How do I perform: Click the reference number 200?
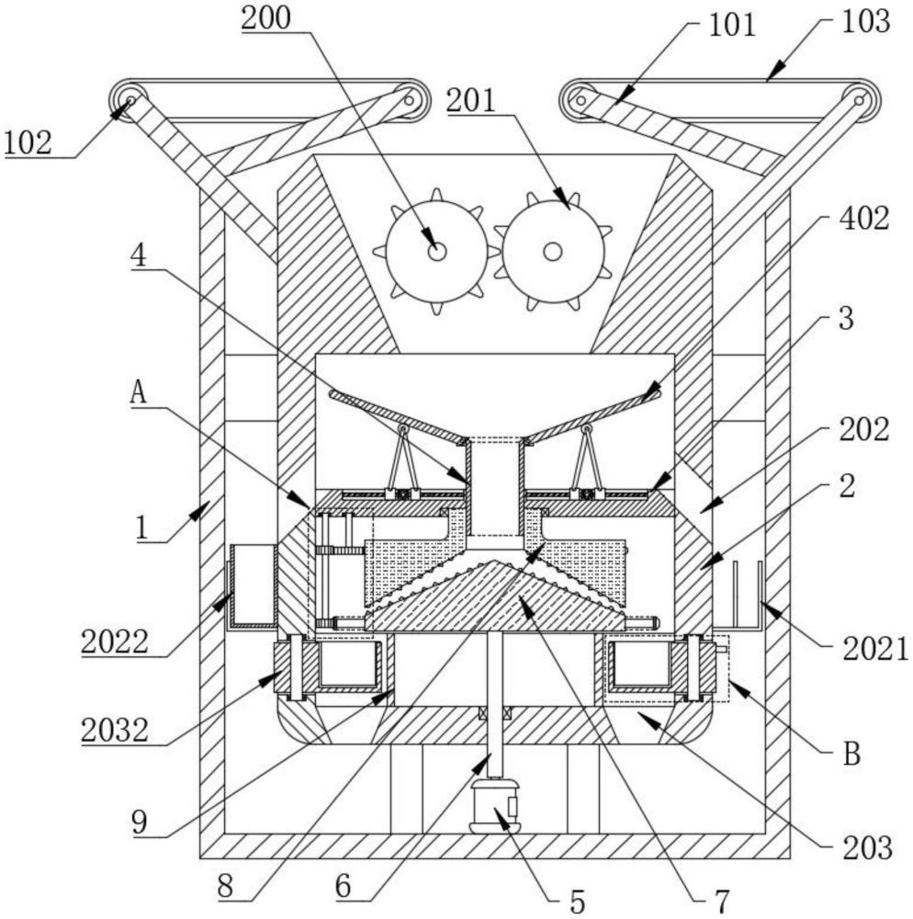coord(265,17)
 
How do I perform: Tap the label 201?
coord(471,101)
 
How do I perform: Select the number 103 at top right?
coord(865,21)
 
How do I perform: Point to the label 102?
coord(28,142)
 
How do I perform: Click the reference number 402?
coord(864,219)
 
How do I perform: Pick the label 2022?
coord(115,641)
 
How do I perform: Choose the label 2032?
coord(115,731)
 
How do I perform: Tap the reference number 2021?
coord(875,650)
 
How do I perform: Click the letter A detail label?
coord(138,392)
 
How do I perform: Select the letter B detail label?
coord(851,754)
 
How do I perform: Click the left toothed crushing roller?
coord(436,252)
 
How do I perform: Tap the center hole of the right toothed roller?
coord(552,252)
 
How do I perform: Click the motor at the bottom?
coord(494,806)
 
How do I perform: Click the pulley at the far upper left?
coord(129,100)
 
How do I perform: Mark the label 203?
coord(867,847)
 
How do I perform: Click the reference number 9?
coord(140,823)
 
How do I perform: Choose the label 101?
coord(732,26)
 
